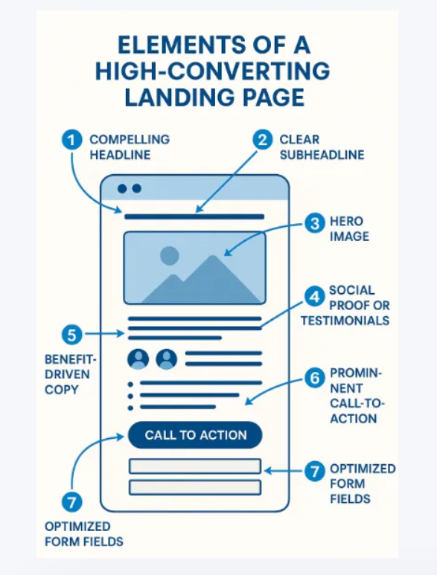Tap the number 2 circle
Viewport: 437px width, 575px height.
262,140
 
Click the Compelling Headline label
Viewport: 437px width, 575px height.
130,147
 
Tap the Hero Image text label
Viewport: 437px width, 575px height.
349,229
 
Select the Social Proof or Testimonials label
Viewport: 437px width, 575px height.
345,305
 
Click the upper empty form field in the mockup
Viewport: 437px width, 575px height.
194,466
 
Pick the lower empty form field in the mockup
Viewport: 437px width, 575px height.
194,487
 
